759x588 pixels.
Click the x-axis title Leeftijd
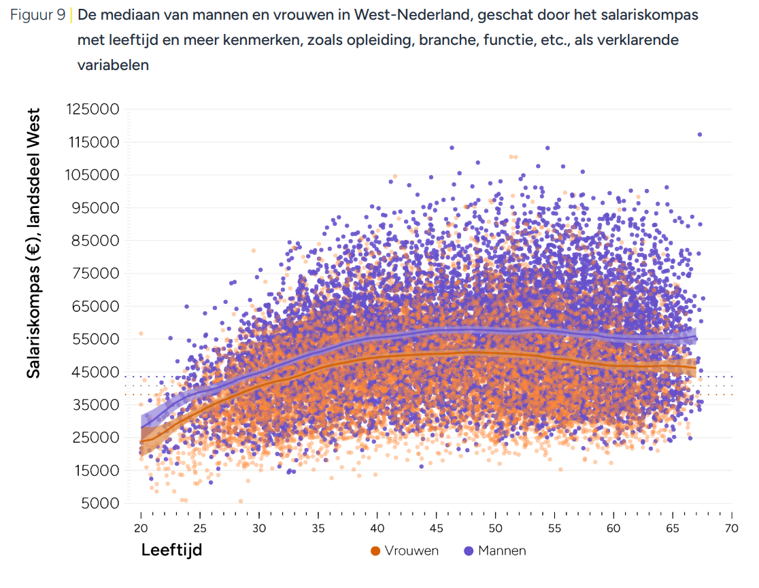point(171,550)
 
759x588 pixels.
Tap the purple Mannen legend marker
point(468,551)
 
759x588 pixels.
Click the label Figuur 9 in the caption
point(38,15)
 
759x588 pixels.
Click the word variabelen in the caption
point(113,65)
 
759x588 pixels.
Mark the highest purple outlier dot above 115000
point(699,135)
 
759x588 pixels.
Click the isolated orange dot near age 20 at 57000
point(141,334)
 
